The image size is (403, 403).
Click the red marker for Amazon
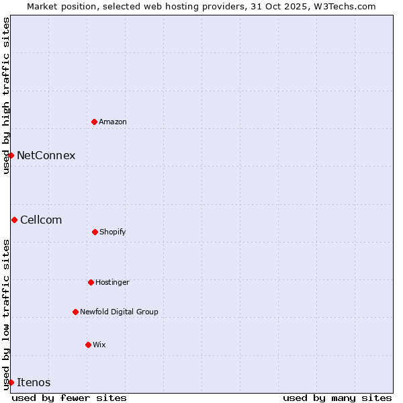click(x=95, y=122)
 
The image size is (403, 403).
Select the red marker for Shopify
click(x=95, y=232)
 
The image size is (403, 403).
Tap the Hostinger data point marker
click(x=91, y=282)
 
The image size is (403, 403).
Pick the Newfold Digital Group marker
click(x=75, y=312)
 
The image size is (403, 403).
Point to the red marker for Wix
click(x=88, y=345)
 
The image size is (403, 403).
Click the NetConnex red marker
click(x=11, y=155)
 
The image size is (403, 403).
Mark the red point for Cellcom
click(x=14, y=220)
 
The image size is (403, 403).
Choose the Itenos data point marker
click(x=11, y=382)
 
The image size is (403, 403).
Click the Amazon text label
click(x=113, y=122)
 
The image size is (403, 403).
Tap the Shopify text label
click(x=113, y=232)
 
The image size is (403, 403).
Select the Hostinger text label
click(x=112, y=282)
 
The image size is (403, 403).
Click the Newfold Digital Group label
click(x=119, y=312)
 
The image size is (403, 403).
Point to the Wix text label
click(x=99, y=345)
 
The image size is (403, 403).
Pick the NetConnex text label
click(x=46, y=156)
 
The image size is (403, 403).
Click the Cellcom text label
click(x=41, y=220)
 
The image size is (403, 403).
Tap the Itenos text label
click(x=34, y=383)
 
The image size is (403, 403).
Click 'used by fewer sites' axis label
click(x=69, y=398)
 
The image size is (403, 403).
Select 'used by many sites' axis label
click(x=337, y=398)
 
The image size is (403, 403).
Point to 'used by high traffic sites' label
click(x=6, y=95)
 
